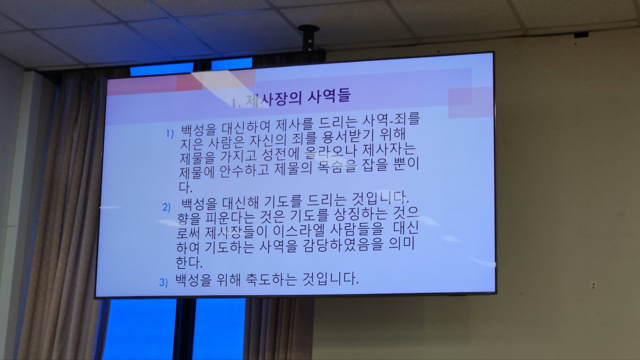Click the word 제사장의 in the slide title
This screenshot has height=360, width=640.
(273, 99)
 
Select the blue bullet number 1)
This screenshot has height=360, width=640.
(170, 134)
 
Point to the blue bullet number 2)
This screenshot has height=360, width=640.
(166, 207)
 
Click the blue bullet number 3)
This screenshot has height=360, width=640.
(163, 282)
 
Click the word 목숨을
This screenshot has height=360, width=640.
(333, 168)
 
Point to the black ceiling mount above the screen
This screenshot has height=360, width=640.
(308, 39)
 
